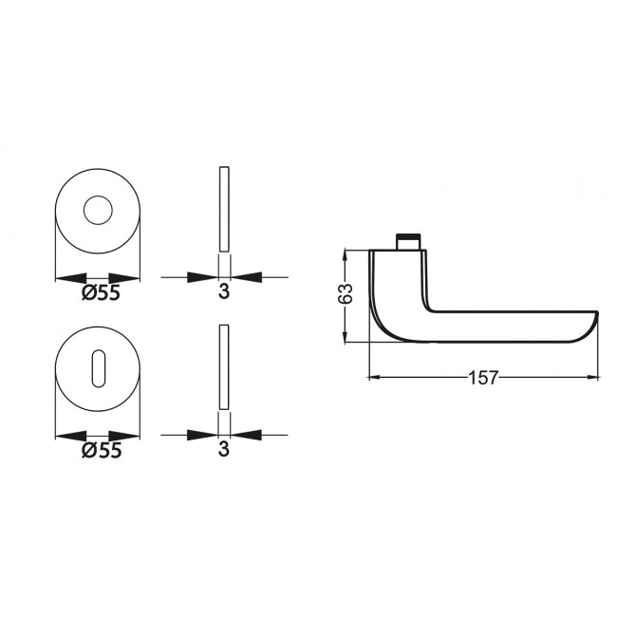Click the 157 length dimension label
pos(483,378)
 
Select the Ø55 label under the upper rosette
pos(102,293)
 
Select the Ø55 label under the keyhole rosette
pos(102,452)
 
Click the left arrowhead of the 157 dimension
pos(376,378)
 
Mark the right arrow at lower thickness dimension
pos(244,436)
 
